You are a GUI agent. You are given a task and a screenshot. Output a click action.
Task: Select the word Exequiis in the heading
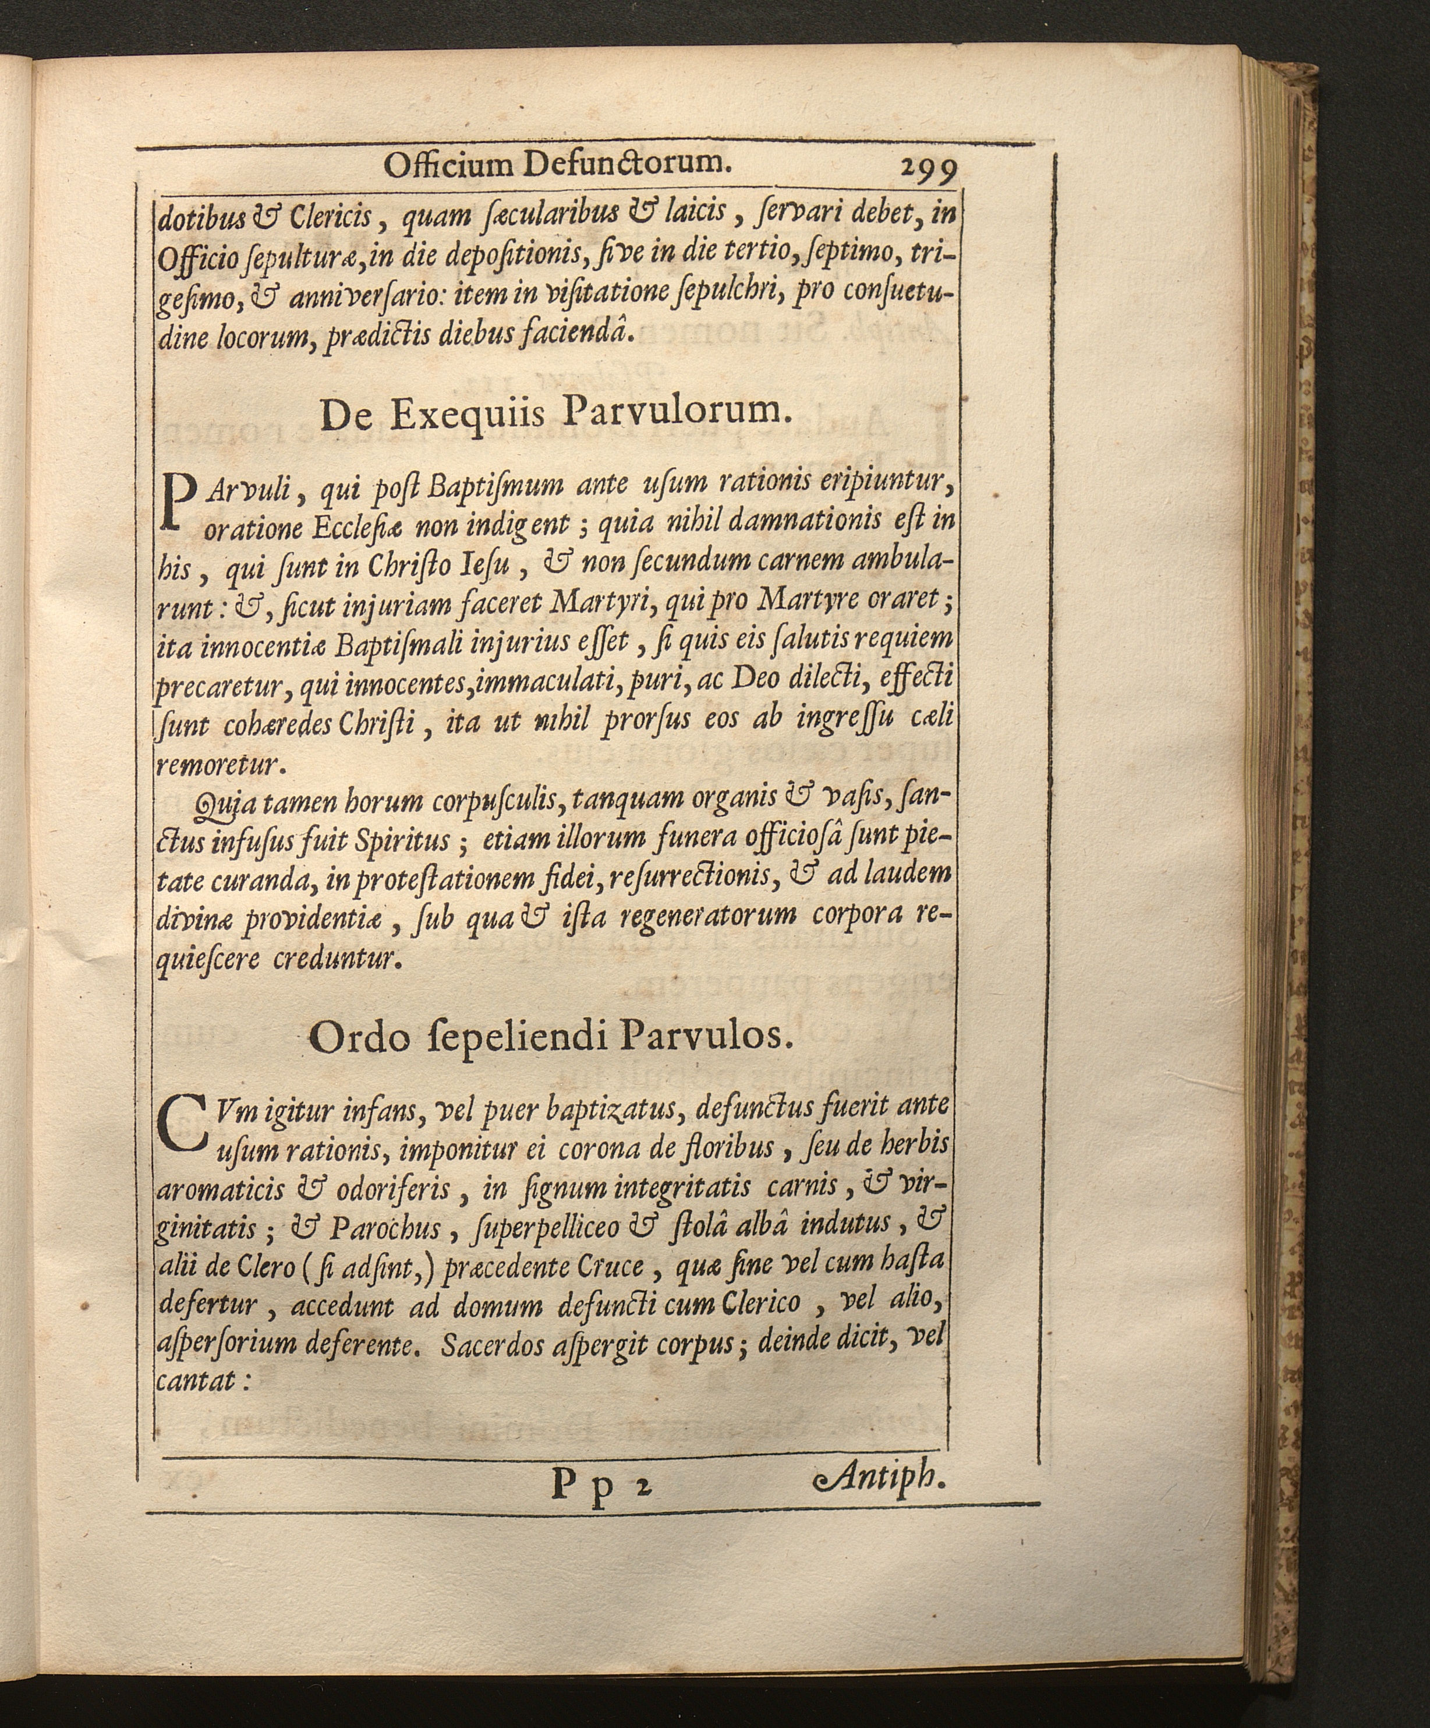point(466,414)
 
